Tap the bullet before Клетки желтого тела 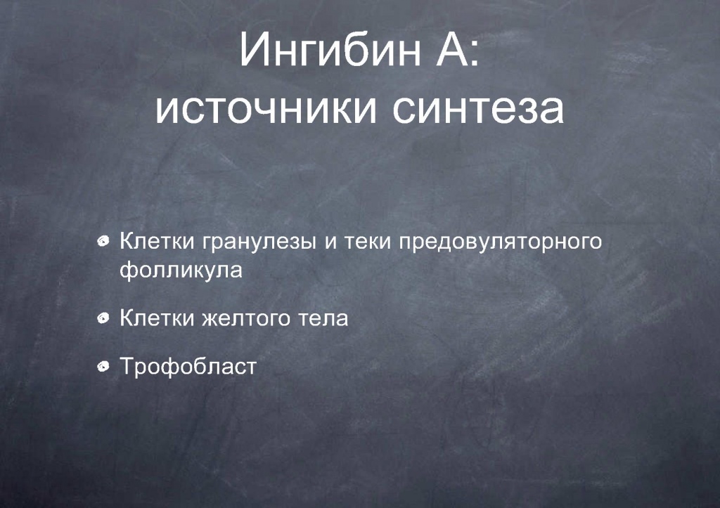pos(103,318)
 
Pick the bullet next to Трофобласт pos(103,366)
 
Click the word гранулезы pos(259,242)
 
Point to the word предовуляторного pos(500,242)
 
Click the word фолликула pos(181,270)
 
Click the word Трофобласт pos(188,367)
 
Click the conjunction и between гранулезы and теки pos(330,242)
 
